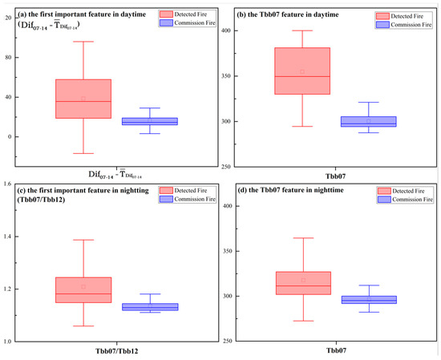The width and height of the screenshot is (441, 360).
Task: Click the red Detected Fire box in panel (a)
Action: (x=83, y=99)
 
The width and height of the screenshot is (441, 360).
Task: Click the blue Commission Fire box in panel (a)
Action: (x=150, y=121)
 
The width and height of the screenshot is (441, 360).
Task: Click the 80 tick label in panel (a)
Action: (x=11, y=58)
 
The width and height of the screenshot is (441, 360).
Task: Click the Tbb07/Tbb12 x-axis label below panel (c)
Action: (x=117, y=352)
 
